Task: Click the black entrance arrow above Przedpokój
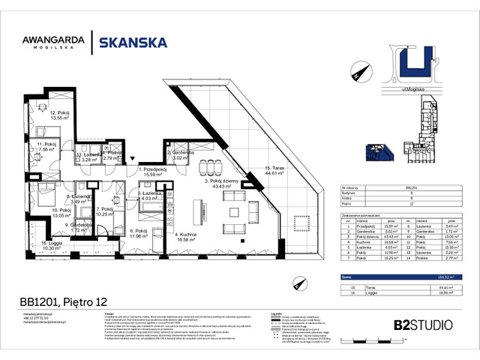click(x=133, y=159)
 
